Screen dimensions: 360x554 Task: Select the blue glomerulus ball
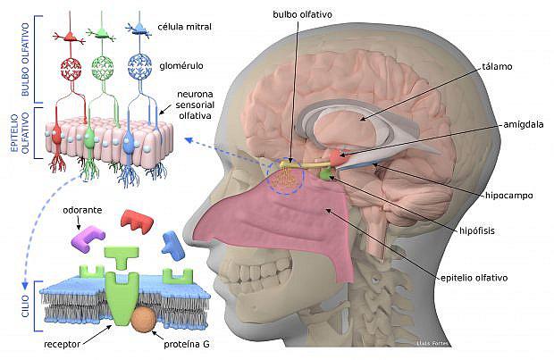[x=138, y=71]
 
